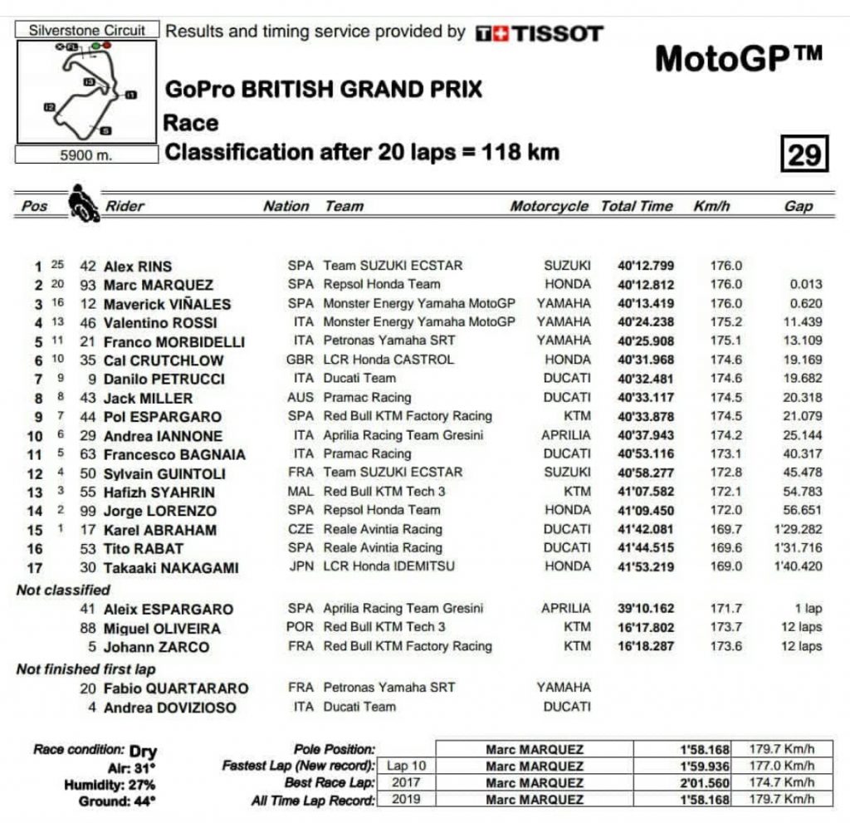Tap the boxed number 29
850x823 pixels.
(803, 153)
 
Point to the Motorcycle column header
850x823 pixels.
(549, 206)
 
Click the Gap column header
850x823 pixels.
(798, 206)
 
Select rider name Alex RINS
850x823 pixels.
(138, 267)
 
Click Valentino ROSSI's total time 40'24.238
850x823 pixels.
(646, 322)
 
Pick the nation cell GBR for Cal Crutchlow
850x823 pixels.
(300, 360)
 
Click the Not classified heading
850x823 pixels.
(63, 590)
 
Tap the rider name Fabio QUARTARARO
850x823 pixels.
(176, 688)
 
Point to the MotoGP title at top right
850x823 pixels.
(739, 58)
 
